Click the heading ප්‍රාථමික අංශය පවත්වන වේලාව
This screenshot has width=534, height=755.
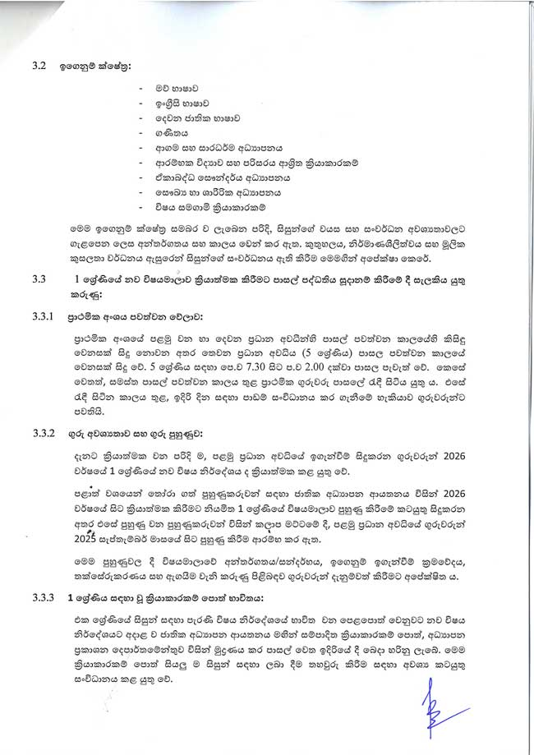tap(140, 315)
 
